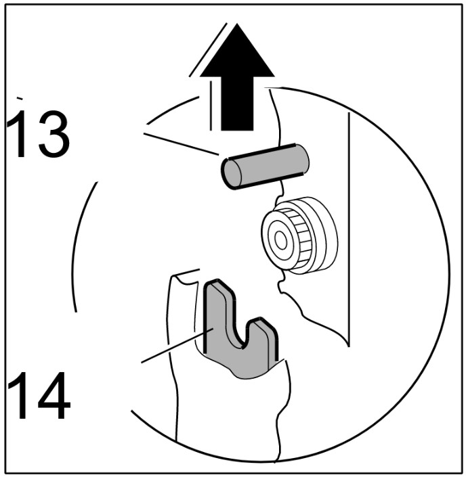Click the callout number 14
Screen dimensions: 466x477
click(x=39, y=395)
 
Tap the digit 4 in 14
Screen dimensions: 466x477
click(x=54, y=395)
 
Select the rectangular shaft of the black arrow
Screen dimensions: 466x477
click(x=237, y=104)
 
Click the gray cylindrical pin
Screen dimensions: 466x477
click(x=266, y=166)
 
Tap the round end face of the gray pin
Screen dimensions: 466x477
click(x=231, y=173)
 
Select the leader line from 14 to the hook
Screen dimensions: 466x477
click(x=177, y=345)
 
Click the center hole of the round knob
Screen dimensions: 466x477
click(x=280, y=239)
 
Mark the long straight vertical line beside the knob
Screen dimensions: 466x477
click(x=349, y=229)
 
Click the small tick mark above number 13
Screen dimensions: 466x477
click(x=20, y=98)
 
